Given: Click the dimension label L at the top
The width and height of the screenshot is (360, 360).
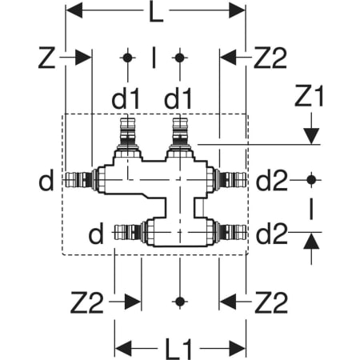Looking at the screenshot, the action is (156, 12).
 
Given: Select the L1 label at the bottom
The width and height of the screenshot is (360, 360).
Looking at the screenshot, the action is (178, 349).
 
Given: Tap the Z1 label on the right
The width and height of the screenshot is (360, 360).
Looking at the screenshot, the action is (309, 96).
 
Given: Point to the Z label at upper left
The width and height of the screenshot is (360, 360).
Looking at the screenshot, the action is (46, 58).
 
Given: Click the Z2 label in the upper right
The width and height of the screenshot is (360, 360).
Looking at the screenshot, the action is (270, 58).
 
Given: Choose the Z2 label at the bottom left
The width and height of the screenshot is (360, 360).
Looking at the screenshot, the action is (87, 302).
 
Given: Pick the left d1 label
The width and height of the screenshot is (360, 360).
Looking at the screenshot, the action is (126, 99).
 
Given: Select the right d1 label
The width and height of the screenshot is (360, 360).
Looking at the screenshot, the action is (178, 99).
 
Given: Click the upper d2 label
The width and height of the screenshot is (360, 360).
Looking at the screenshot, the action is (271, 180).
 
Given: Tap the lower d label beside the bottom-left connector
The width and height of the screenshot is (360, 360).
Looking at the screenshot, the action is (96, 234).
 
